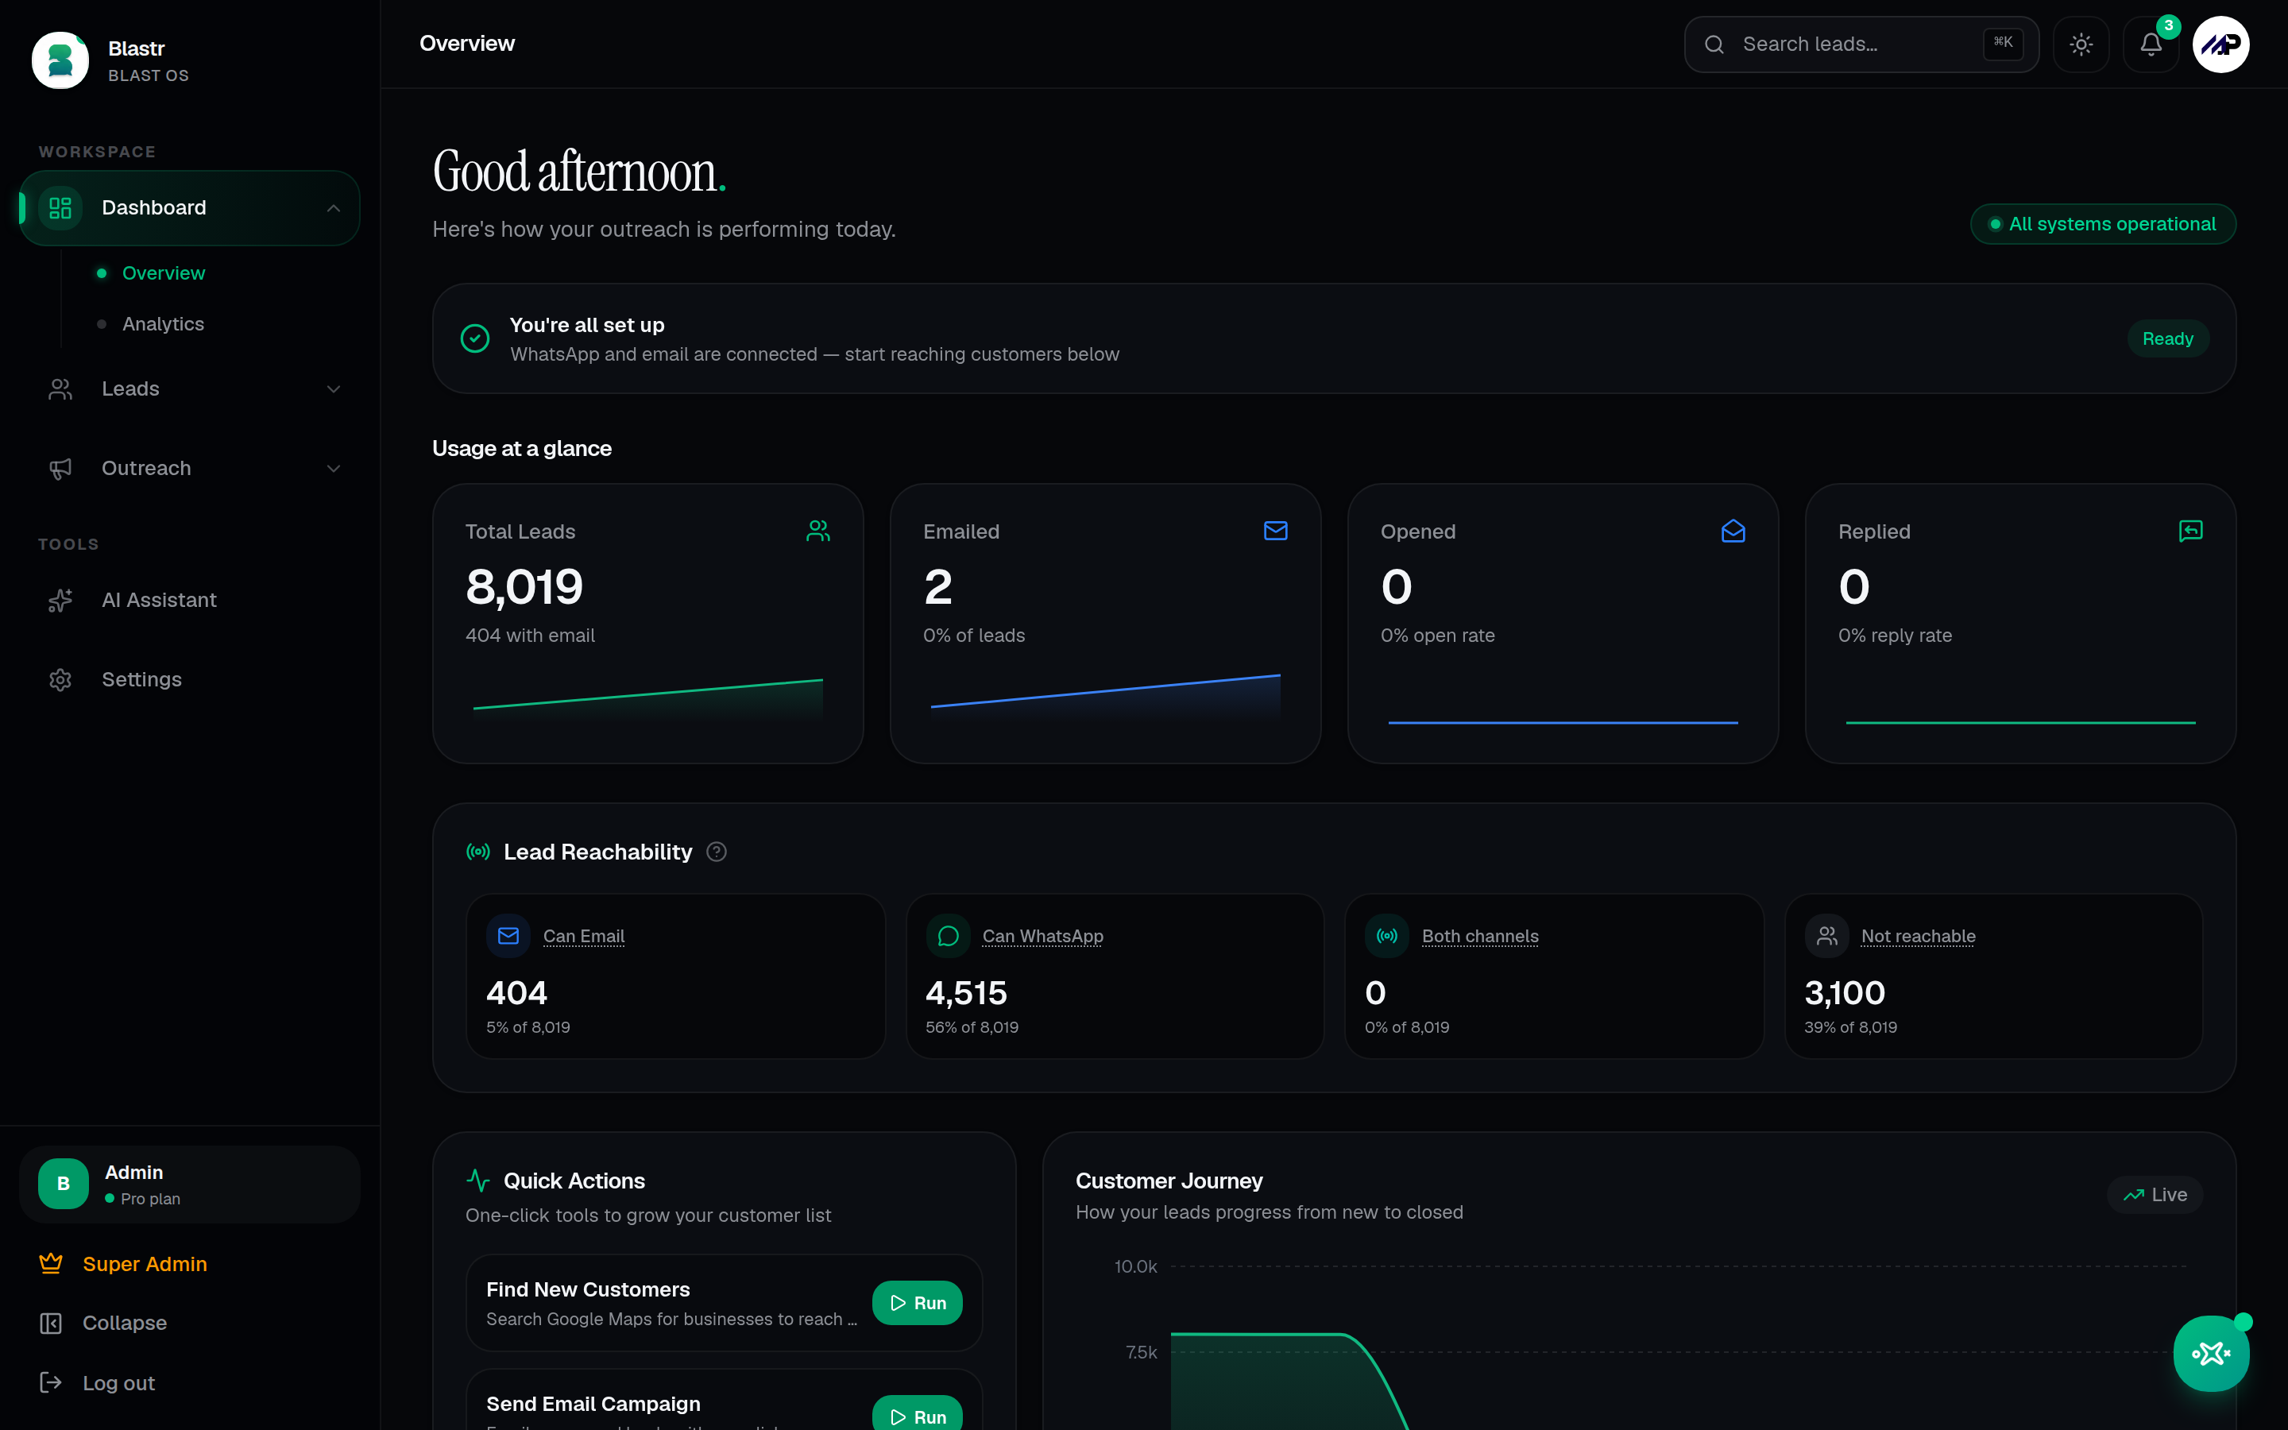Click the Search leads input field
point(1861,44)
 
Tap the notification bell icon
point(2151,44)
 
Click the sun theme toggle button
point(2081,44)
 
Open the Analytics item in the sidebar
point(163,323)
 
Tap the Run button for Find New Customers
point(917,1302)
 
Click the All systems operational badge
point(2103,224)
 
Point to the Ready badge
point(2168,338)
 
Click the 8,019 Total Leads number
point(524,587)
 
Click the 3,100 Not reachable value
point(1845,992)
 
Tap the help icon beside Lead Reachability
point(717,852)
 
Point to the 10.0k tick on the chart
point(1135,1266)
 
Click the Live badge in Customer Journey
point(2155,1195)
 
